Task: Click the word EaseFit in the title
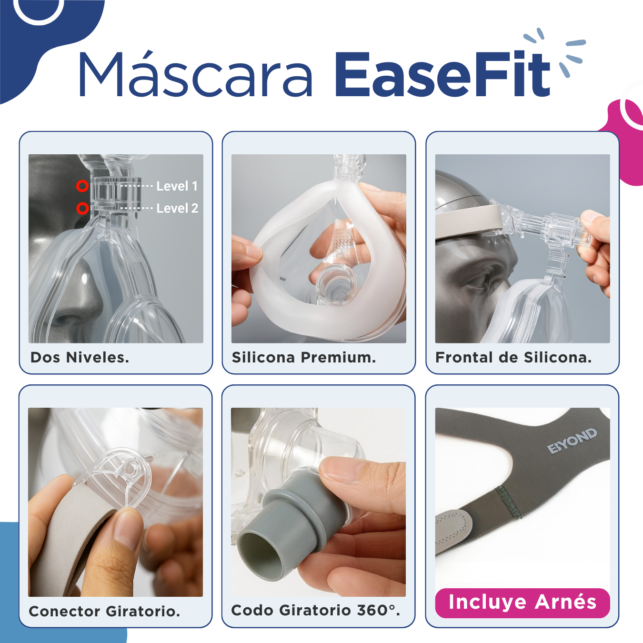[442, 74]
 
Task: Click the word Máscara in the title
[196, 74]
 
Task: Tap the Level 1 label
[177, 186]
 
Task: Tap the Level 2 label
[178, 208]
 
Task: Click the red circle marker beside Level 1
[82, 186]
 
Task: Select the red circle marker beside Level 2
[82, 209]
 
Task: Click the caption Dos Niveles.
[80, 358]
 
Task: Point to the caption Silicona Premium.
[304, 358]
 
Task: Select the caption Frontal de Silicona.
[513, 358]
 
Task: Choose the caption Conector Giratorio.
[104, 612]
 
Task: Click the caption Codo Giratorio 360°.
[316, 611]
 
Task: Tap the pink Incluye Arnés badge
[522, 603]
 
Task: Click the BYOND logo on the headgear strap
[572, 442]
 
